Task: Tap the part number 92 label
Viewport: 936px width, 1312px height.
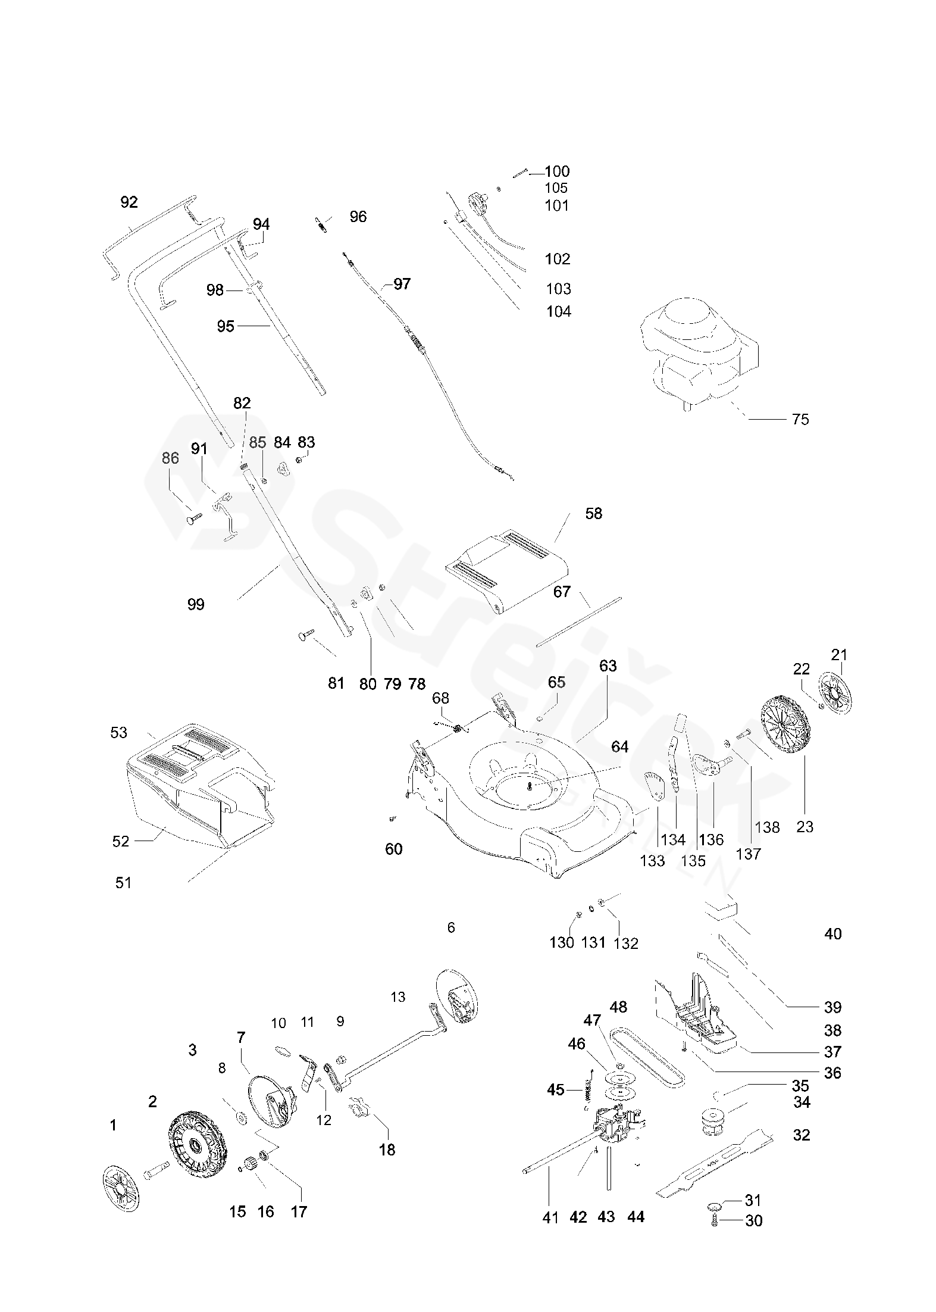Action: [x=129, y=202]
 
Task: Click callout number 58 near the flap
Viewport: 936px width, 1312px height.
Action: [x=593, y=513]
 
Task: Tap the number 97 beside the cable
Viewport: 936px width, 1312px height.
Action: [x=402, y=284]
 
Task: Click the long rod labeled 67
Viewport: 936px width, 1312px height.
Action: [x=578, y=621]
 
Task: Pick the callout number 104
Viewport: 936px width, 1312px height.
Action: [x=559, y=311]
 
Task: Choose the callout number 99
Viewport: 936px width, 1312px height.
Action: [x=196, y=604]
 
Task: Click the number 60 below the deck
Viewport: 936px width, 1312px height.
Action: [x=394, y=849]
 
